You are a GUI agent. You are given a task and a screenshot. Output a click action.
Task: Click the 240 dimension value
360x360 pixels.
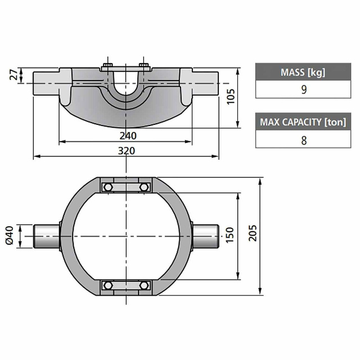(128, 136)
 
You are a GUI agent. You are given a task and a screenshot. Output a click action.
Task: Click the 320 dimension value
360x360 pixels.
(126, 151)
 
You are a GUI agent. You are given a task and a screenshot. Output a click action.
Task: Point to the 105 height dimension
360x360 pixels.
(231, 97)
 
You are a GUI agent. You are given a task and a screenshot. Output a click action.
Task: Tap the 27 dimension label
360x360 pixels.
(14, 74)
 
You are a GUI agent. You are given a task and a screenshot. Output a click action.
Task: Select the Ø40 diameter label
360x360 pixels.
(10, 236)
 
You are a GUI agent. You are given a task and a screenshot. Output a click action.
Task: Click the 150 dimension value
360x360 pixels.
(229, 235)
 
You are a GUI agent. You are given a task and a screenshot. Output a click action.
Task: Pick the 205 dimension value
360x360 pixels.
(253, 233)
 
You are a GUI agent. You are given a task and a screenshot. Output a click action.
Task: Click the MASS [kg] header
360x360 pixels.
(303, 72)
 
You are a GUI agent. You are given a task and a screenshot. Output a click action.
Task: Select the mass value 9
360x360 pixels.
(304, 89)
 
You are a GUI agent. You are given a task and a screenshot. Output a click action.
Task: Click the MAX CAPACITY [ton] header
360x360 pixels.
(303, 122)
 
